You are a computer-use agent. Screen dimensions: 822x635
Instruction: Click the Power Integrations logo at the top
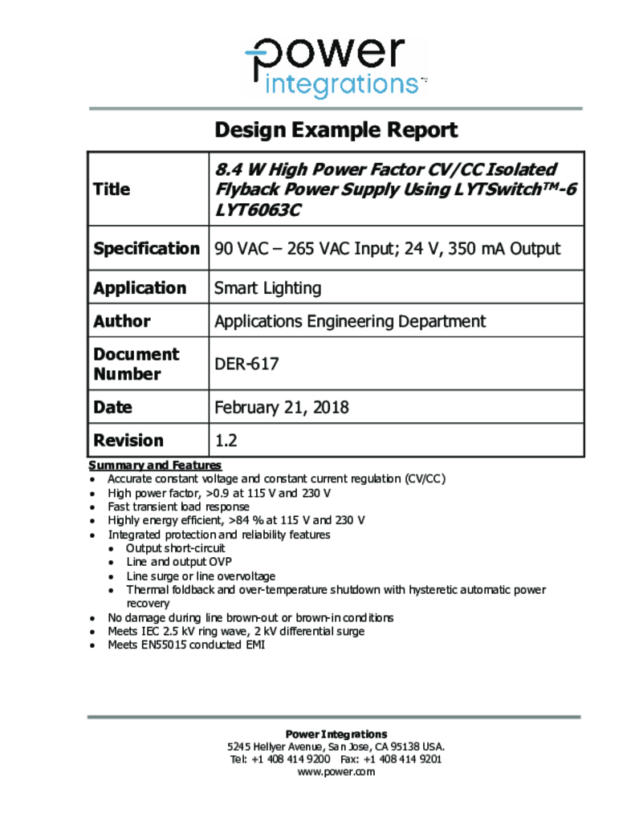pos(336,67)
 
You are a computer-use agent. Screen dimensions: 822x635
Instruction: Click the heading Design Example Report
pos(336,130)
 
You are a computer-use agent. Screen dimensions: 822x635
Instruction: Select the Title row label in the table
pos(112,189)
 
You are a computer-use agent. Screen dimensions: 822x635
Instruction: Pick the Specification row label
pos(146,249)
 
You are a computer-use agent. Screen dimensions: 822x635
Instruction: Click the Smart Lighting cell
pos(267,288)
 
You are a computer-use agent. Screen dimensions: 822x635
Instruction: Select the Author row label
pos(122,321)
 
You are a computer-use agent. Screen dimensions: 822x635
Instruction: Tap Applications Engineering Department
pos(349,321)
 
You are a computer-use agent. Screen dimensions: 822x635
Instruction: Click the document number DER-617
pos(246,364)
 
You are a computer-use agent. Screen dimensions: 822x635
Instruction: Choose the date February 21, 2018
pos(281,408)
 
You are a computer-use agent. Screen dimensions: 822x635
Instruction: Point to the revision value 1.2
pos(226,440)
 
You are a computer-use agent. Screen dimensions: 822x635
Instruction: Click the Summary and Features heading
pos(155,466)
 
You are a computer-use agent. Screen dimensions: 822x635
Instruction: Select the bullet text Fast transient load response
pos(178,507)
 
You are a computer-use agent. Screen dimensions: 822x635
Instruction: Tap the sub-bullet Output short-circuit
pos(176,548)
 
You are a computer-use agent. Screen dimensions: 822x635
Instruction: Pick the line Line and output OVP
pos(179,562)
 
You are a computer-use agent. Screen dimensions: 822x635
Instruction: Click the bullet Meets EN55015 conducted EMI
pos(186,645)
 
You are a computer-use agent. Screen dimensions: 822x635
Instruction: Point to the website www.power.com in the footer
pos(336,772)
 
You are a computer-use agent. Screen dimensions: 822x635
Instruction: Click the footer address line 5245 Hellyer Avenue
pos(336,747)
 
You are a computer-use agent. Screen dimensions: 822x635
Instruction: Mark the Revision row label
pos(128,440)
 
